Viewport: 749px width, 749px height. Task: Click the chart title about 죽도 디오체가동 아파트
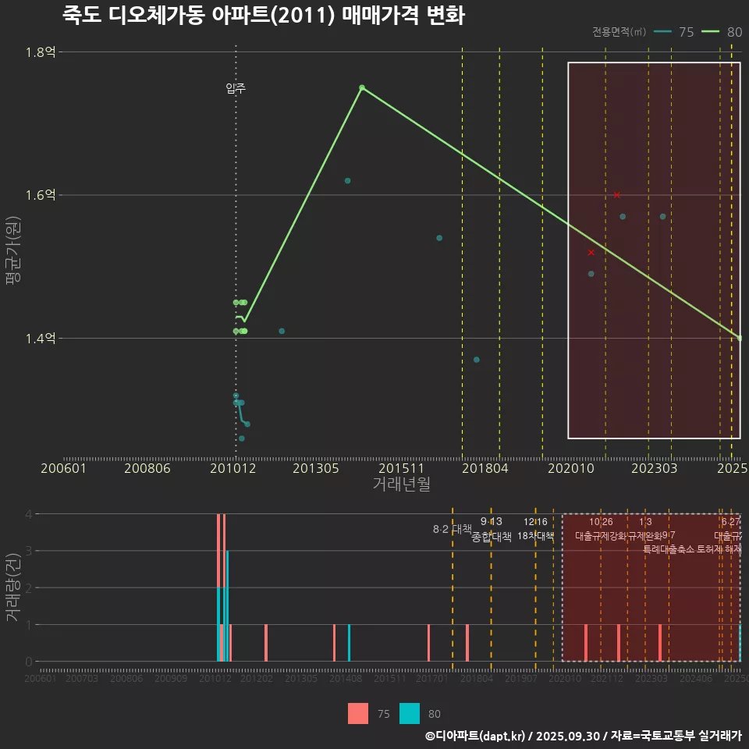(x=263, y=16)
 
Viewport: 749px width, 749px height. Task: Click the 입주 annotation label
(x=236, y=88)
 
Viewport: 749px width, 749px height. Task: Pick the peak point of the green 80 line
(x=362, y=87)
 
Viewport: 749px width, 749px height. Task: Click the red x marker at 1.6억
(x=617, y=195)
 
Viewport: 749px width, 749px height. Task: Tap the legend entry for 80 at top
(x=722, y=32)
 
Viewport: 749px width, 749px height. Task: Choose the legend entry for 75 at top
(x=675, y=32)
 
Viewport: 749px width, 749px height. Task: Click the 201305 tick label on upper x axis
(x=316, y=468)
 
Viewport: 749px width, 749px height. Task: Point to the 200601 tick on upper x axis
(x=63, y=468)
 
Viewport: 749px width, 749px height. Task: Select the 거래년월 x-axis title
(x=401, y=484)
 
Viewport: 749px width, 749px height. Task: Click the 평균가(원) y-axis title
(x=12, y=254)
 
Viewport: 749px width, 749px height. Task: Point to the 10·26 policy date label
(x=601, y=522)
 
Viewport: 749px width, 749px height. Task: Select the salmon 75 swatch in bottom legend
(x=358, y=713)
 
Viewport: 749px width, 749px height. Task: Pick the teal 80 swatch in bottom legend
(x=410, y=713)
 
